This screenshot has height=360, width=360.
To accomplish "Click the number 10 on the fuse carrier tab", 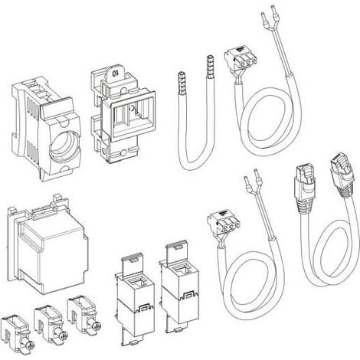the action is tap(116, 73).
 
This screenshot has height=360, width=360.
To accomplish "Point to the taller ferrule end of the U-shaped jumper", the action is tap(210, 66).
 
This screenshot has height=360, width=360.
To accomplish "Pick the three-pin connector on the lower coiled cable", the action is tap(224, 221).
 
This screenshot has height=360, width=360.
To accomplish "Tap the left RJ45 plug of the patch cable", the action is tap(305, 188).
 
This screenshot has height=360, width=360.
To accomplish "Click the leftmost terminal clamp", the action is tap(15, 335).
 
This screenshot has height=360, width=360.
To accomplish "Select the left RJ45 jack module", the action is tap(134, 300).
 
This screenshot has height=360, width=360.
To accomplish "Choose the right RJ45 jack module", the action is tap(179, 287).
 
